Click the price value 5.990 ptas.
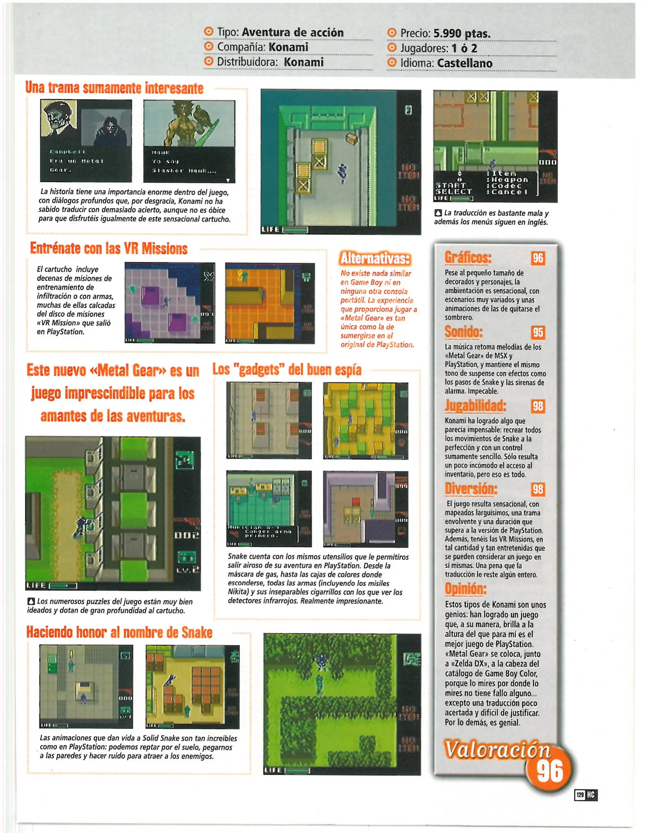point(462,34)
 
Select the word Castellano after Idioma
point(465,63)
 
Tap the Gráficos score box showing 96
point(538,258)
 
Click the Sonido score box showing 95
point(538,332)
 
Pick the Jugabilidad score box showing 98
point(538,406)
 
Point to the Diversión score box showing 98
point(538,489)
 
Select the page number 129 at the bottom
point(580,795)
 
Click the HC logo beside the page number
point(591,795)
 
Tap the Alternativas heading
point(375,258)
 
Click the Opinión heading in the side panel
point(465,589)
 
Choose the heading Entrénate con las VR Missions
point(109,249)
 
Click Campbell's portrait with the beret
point(59,118)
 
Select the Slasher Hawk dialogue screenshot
point(189,141)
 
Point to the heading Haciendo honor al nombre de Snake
point(119,632)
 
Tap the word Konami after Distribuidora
point(303,62)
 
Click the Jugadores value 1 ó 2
point(464,49)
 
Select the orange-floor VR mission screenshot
point(270,304)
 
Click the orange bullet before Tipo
point(208,32)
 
